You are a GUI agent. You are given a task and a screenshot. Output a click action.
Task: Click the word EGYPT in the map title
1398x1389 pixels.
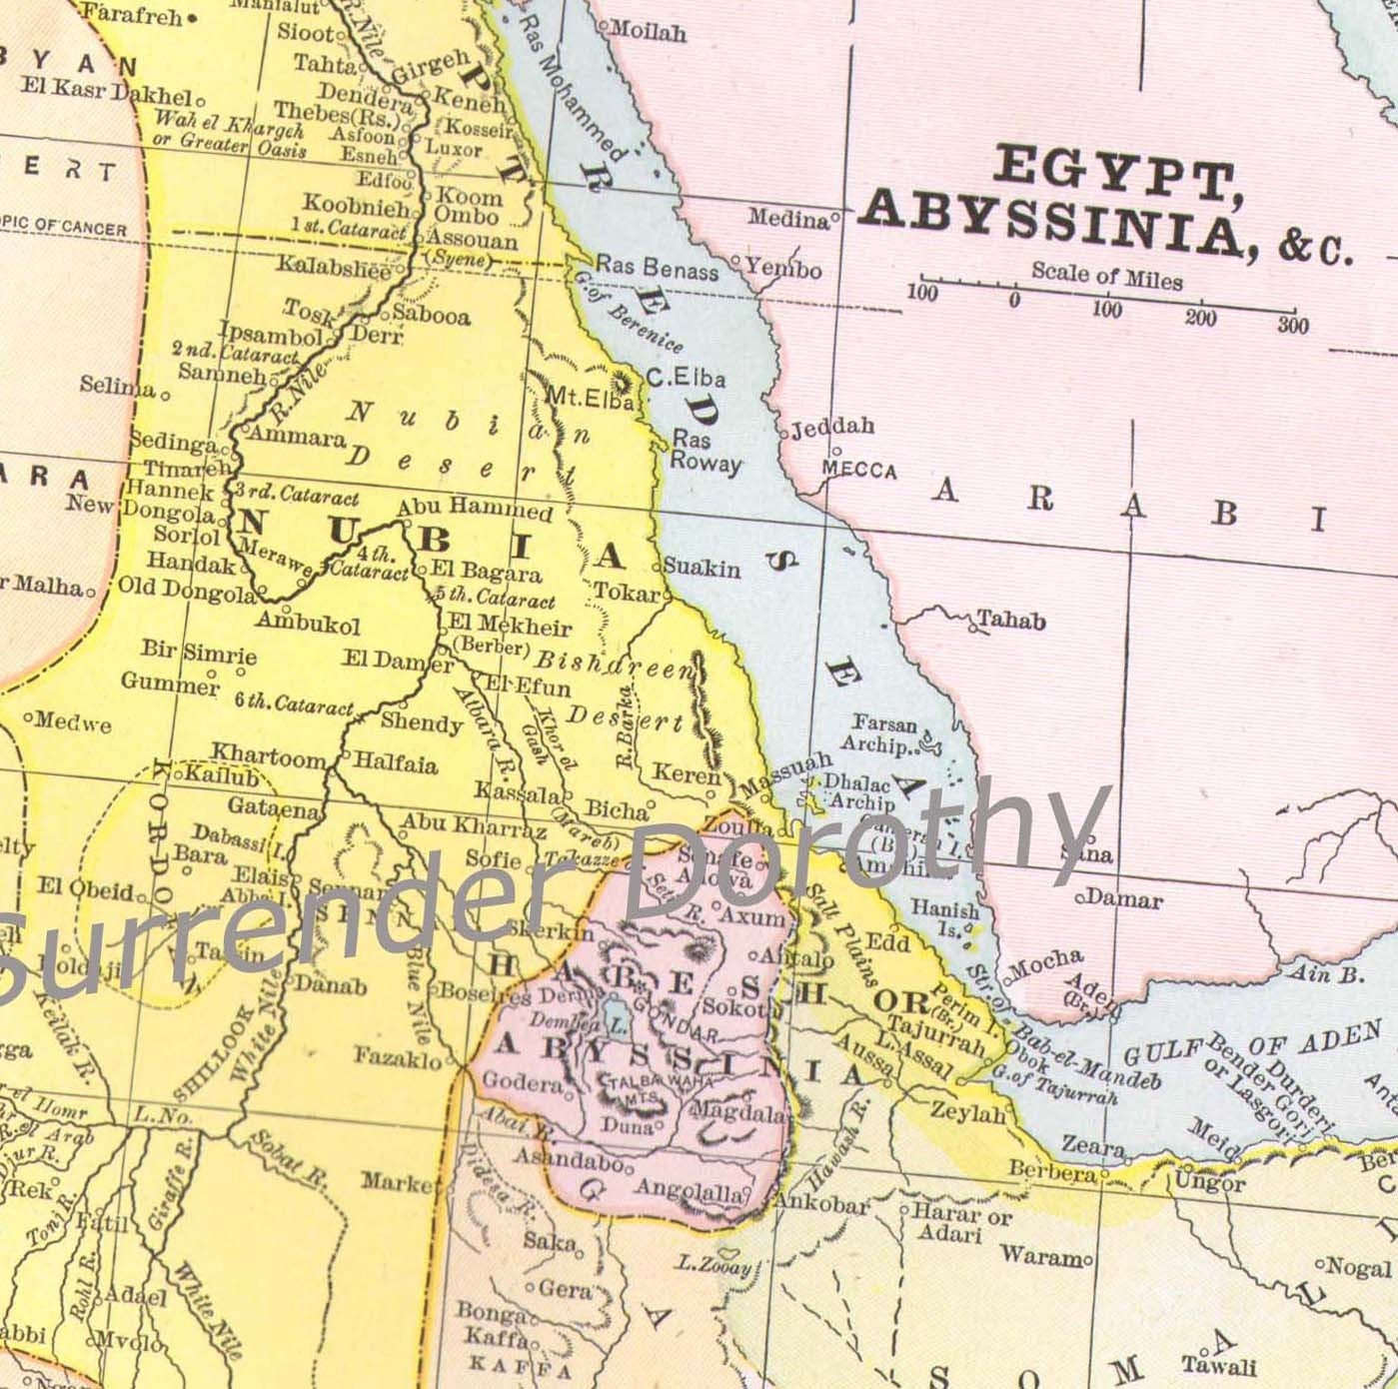point(1110,171)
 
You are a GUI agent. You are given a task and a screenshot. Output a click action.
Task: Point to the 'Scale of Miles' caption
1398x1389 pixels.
point(1106,275)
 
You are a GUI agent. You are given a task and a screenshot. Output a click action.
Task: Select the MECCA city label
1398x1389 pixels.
point(858,470)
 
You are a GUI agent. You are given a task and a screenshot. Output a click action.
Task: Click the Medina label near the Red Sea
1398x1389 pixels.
point(788,218)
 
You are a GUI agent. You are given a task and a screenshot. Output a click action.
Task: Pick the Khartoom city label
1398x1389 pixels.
point(268,756)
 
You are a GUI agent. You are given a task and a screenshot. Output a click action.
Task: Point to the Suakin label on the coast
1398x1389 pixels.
point(702,568)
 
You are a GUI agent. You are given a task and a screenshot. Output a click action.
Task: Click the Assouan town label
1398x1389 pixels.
point(473,240)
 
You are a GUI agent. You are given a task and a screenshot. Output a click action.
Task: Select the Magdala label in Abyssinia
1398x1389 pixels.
point(738,1111)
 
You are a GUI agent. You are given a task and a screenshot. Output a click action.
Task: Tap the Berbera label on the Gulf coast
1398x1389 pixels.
point(1051,1170)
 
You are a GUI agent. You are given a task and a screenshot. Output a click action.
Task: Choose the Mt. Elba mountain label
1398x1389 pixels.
point(590,398)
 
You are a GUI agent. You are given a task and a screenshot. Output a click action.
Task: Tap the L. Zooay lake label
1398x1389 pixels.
point(712,1264)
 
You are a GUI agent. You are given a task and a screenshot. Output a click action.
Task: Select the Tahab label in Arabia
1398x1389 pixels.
point(1011,621)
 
